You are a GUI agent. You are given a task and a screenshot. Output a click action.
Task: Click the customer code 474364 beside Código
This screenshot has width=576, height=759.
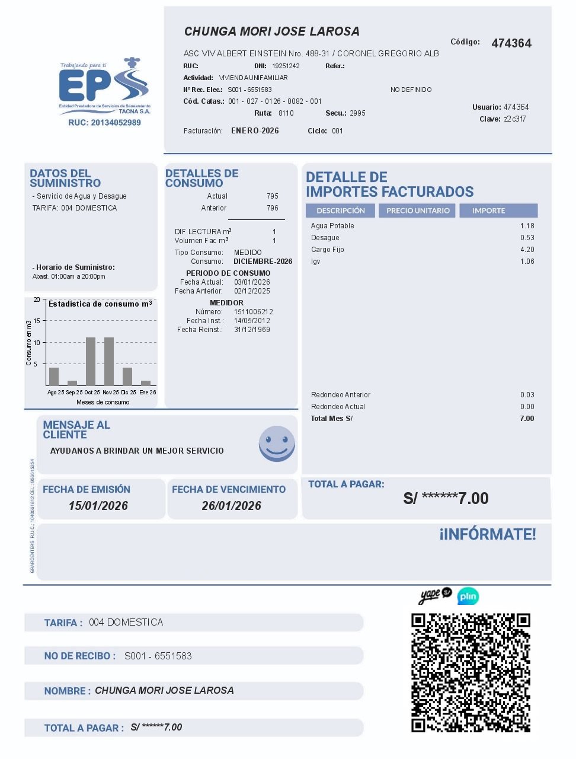pos(511,43)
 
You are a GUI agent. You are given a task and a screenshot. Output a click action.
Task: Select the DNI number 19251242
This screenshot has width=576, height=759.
pos(286,66)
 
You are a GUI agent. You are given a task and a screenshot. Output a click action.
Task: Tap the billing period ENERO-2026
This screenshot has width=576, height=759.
pos(255,131)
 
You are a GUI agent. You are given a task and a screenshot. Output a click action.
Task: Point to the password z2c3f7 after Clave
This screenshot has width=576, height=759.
pos(515,119)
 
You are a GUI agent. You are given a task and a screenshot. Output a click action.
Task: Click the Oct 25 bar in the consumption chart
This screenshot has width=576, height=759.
pos(91,362)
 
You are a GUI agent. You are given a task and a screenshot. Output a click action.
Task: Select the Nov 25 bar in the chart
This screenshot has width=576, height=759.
pos(109,362)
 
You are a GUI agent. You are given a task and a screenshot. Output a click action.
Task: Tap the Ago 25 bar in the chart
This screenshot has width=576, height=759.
pos(54,377)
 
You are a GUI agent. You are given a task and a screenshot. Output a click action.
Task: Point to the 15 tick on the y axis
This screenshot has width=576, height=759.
pos(37,321)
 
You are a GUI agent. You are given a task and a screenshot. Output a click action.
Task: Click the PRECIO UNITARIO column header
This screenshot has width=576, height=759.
pos(418,211)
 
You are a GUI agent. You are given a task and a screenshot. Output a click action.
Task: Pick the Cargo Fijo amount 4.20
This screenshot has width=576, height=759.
pos(527,250)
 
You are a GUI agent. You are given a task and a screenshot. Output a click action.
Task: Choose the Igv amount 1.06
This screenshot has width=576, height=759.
pos(527,261)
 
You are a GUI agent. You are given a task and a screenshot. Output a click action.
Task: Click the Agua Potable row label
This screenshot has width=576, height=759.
pos(332,226)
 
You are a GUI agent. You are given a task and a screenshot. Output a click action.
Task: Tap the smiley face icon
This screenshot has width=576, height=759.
pos(277,443)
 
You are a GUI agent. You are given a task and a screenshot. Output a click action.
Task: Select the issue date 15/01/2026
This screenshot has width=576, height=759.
pos(98,506)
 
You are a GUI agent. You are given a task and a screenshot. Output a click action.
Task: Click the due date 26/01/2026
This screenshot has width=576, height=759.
pos(232,506)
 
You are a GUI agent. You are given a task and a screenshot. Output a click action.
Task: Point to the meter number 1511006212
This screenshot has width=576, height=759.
pos(254,312)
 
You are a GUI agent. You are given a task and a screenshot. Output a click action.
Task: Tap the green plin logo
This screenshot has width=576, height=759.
pos(468,596)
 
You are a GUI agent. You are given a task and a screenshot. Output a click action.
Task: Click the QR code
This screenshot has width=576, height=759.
pos(471,673)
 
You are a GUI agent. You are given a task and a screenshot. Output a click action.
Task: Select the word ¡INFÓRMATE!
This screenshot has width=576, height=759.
pos(488,534)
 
